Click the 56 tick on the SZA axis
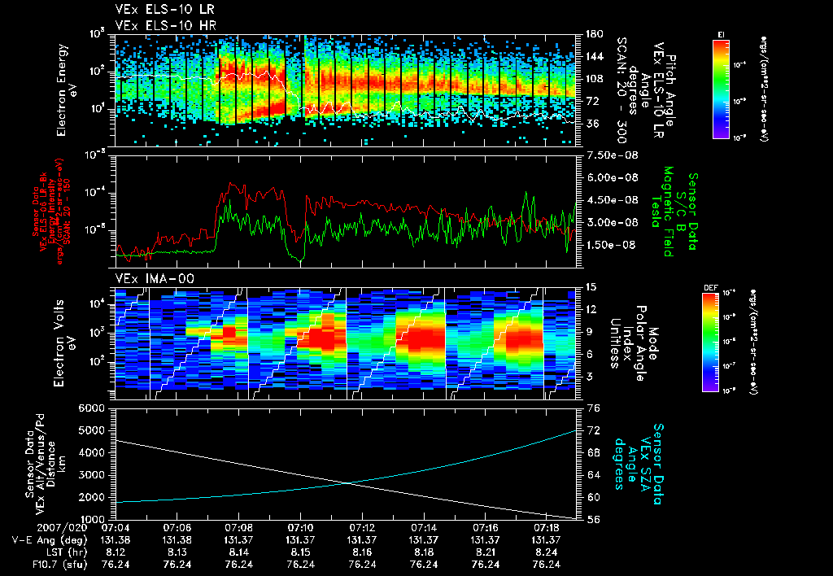click(x=593, y=518)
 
